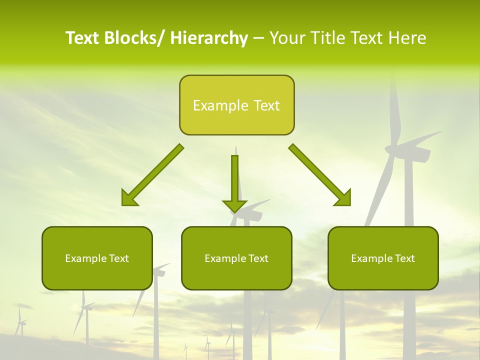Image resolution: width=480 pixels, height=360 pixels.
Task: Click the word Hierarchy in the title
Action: tap(209, 38)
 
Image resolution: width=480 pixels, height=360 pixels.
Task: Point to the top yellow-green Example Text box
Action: tap(236, 105)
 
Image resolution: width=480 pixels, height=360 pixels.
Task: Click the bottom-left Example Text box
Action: tap(97, 258)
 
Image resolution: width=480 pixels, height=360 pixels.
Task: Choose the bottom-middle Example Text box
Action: tap(236, 258)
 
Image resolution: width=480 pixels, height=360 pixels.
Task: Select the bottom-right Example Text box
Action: tap(383, 258)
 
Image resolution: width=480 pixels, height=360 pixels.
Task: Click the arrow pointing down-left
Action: tap(152, 175)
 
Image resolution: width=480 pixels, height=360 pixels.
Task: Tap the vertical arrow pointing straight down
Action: tap(234, 182)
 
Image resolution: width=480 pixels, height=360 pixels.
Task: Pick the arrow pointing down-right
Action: tap(320, 175)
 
